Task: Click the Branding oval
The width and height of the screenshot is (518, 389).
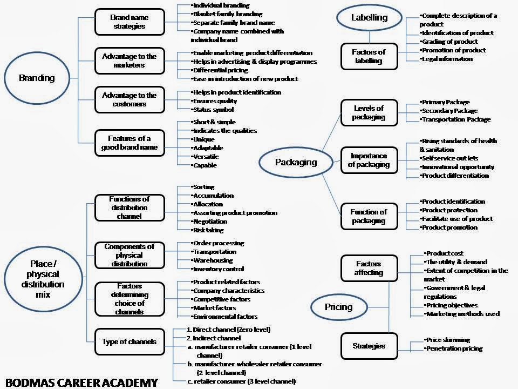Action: [37, 78]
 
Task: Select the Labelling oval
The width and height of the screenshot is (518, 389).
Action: [369, 17]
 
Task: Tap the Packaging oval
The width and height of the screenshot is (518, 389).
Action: [296, 162]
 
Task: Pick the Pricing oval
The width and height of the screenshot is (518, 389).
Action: [338, 307]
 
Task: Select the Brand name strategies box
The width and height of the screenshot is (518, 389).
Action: [129, 22]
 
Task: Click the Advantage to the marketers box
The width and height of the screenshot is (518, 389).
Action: [129, 61]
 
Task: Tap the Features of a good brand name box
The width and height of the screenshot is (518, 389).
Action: [129, 143]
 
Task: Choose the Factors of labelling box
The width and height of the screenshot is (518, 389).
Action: [369, 56]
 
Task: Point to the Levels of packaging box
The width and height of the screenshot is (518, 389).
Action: [369, 112]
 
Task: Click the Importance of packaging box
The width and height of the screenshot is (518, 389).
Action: [369, 160]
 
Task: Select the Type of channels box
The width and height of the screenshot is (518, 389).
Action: [129, 341]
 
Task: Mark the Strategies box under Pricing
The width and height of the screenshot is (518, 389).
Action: [369, 346]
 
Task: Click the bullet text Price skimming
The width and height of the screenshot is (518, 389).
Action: [447, 340]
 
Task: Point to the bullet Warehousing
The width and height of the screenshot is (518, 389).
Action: [213, 260]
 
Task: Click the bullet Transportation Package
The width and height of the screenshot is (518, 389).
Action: [456, 119]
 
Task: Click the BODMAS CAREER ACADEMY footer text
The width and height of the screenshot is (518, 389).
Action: [79, 382]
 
